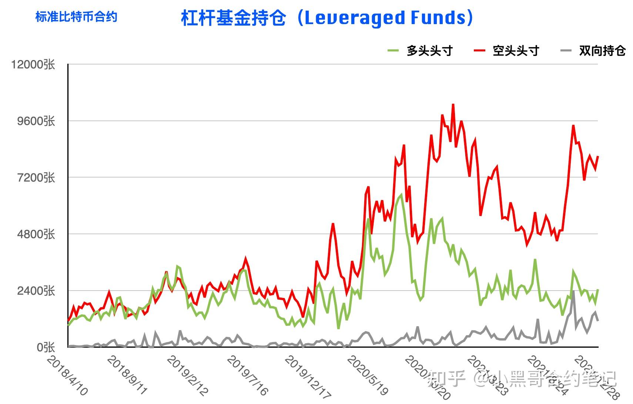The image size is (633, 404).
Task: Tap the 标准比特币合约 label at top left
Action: [76, 17]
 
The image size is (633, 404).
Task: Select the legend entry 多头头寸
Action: [429, 51]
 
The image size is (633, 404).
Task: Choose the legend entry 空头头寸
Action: [516, 51]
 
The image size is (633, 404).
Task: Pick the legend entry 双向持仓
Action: [602, 51]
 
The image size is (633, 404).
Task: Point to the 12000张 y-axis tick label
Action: [33, 64]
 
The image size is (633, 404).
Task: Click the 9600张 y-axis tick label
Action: [36, 121]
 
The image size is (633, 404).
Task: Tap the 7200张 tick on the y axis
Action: [36, 178]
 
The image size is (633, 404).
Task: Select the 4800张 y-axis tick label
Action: [36, 234]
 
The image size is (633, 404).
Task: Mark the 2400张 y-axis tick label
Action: [36, 291]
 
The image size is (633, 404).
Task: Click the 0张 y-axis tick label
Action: [46, 347]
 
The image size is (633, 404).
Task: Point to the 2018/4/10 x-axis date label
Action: [68, 375]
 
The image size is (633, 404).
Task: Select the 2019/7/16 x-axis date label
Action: [247, 375]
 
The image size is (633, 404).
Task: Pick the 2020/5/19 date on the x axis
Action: [368, 375]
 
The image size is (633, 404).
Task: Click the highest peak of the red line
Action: [453, 105]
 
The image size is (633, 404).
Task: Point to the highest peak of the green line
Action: [401, 194]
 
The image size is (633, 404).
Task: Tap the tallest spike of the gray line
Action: [573, 292]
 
